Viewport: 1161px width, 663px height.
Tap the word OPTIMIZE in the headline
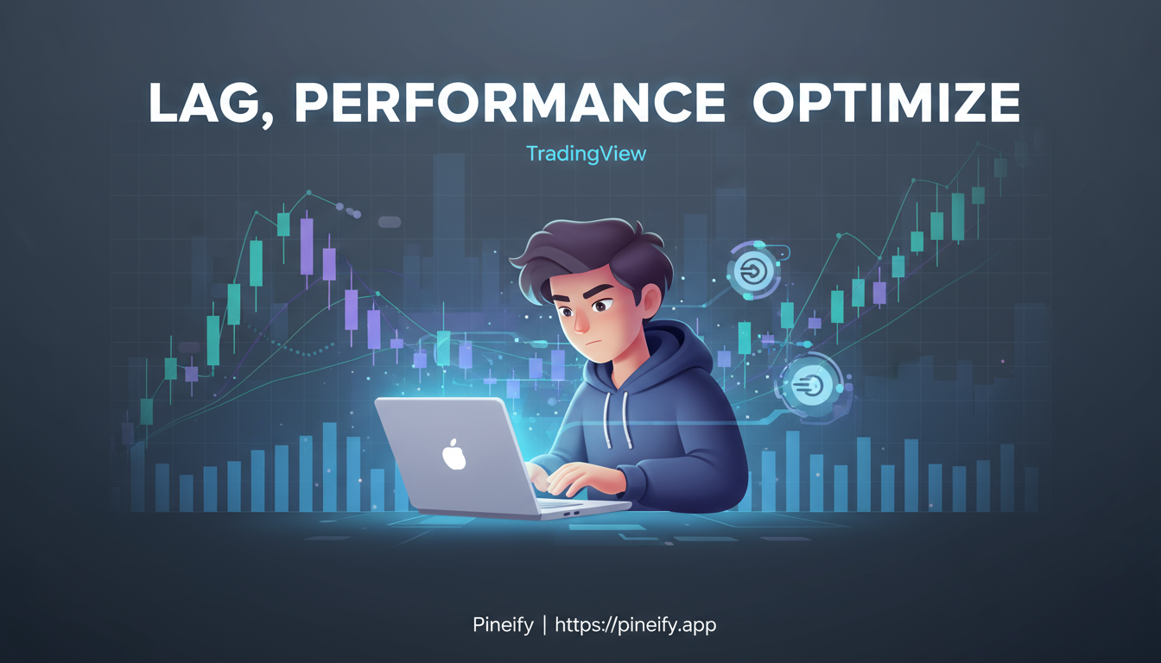885,105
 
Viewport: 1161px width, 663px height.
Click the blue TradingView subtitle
587,155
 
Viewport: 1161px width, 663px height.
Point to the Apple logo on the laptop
454,453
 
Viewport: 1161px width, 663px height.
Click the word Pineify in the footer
503,624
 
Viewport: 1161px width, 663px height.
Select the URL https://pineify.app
636,624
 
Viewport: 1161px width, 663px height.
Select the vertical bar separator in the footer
544,624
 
